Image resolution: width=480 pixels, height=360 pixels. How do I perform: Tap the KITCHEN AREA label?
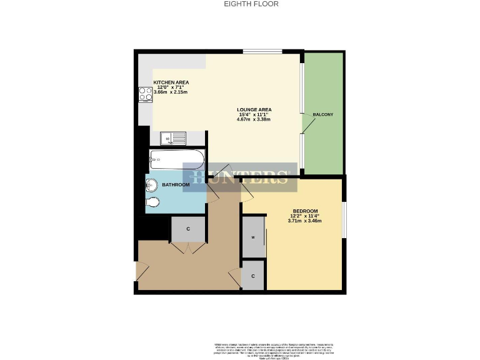tap(171, 82)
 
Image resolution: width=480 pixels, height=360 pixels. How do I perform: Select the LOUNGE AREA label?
tap(254, 110)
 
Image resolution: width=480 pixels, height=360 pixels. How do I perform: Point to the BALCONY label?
tap(323, 114)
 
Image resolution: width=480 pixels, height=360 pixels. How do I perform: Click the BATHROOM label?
tap(176, 185)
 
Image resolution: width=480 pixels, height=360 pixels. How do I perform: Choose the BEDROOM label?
tap(305, 211)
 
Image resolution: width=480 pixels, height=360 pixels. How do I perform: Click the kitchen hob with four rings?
tap(146, 94)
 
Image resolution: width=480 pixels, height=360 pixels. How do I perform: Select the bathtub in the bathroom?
tap(176, 160)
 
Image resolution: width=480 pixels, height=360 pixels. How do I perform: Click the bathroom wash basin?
tap(152, 185)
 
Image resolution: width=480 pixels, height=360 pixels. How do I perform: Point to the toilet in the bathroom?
tap(152, 202)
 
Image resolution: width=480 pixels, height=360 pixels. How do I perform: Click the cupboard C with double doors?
tap(188, 229)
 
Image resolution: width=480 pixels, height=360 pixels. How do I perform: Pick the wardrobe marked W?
tap(253, 237)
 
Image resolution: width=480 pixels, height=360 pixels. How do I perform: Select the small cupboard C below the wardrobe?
tap(252, 276)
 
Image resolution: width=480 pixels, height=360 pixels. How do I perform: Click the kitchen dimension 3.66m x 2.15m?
tap(171, 92)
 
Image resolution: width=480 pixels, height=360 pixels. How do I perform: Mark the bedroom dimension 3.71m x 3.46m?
tap(305, 220)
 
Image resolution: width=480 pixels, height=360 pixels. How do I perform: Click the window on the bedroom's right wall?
tap(344, 219)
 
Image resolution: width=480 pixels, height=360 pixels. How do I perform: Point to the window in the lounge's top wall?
tap(262, 51)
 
